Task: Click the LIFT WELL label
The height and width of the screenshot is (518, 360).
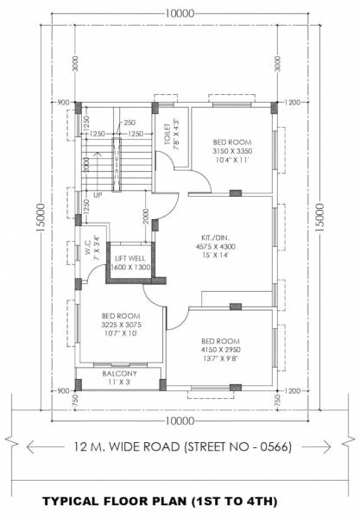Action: (x=129, y=258)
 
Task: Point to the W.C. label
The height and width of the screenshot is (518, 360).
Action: (x=84, y=251)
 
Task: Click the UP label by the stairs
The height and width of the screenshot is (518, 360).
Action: (x=98, y=195)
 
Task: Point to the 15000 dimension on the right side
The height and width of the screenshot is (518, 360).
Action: (x=319, y=212)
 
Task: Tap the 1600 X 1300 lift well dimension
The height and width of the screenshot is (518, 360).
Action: (x=129, y=268)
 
